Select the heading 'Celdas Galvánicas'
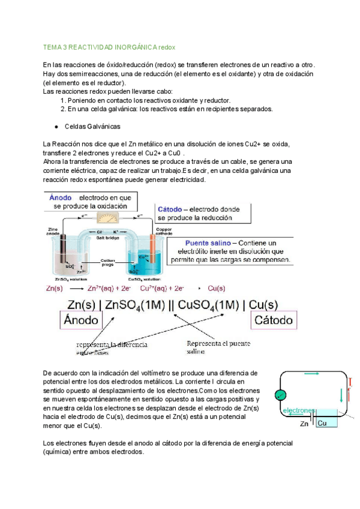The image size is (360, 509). (92, 127)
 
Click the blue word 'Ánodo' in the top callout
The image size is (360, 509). (61, 197)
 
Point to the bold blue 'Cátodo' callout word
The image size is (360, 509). (170, 208)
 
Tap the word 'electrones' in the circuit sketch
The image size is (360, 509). (298, 411)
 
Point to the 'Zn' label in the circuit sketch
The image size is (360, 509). (305, 423)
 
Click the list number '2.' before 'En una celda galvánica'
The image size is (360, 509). (63, 109)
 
